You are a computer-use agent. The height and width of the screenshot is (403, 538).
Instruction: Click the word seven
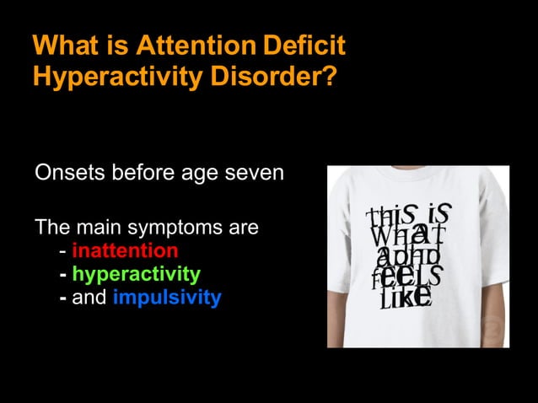pos(252,174)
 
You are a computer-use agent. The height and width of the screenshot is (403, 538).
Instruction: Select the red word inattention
pos(125,250)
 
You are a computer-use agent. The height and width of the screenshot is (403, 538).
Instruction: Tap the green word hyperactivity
pos(136,274)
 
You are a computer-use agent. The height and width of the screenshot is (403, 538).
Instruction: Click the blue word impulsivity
pos(166,298)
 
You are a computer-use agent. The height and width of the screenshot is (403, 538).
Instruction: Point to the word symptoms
pos(165,228)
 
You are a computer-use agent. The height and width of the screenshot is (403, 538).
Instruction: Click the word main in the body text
pos(98,228)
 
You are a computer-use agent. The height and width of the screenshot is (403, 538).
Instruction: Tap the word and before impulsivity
pos(89,298)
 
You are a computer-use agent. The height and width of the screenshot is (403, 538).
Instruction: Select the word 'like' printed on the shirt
pos(407,295)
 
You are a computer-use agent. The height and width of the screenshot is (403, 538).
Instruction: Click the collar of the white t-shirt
pos(413,176)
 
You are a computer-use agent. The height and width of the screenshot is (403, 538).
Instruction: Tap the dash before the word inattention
pos(64,250)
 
